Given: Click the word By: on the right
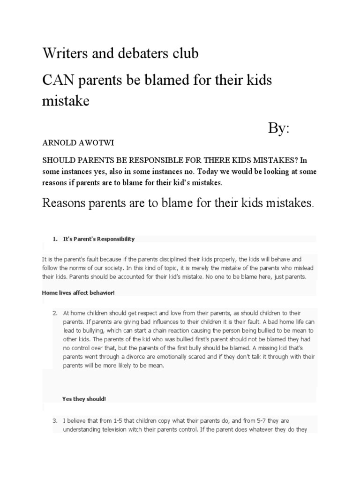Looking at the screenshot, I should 279,127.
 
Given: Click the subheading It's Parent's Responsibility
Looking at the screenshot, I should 99,239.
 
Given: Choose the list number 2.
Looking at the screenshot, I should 55,312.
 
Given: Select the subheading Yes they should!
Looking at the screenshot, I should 84,399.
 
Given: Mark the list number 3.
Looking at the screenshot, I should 55,421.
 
